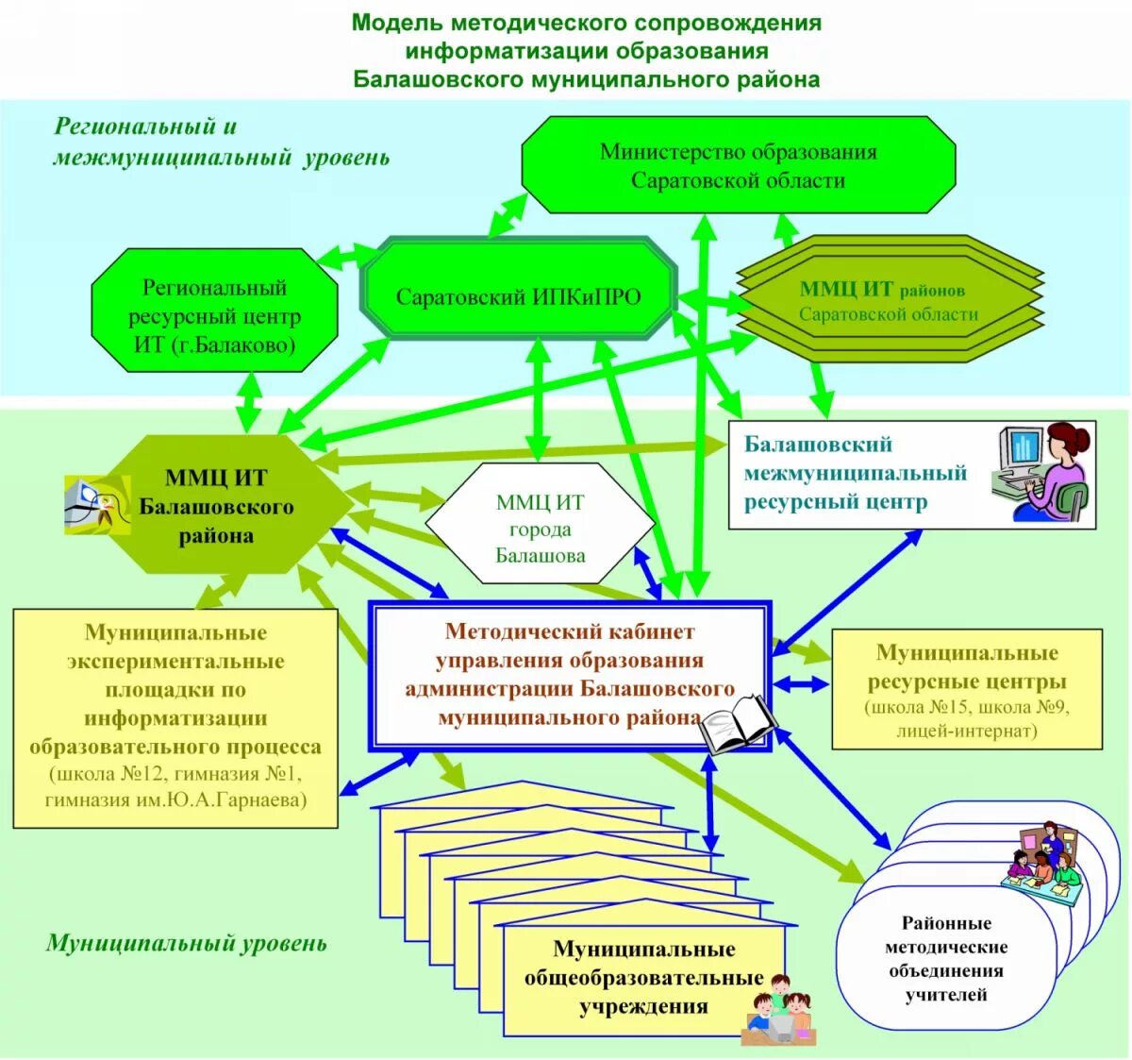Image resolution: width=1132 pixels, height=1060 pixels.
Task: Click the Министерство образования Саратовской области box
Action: click(x=738, y=166)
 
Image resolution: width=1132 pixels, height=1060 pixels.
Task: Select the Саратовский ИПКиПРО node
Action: click(x=518, y=297)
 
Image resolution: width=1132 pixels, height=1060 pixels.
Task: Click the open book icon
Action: click(x=738, y=724)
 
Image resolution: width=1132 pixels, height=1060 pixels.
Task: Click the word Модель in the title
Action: click(x=390, y=23)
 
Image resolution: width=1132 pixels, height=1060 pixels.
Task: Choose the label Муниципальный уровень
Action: click(x=186, y=943)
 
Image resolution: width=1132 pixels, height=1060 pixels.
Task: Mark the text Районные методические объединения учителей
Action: click(x=945, y=958)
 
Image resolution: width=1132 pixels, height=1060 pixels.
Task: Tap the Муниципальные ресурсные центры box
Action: click(x=966, y=689)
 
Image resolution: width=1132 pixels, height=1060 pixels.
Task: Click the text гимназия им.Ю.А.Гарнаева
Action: click(x=175, y=800)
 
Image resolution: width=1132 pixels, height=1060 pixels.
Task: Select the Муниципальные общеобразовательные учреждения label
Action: click(x=643, y=977)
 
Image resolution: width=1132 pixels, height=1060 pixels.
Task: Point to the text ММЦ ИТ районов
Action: click(x=882, y=290)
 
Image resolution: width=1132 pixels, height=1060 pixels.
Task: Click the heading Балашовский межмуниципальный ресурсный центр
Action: click(x=855, y=473)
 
